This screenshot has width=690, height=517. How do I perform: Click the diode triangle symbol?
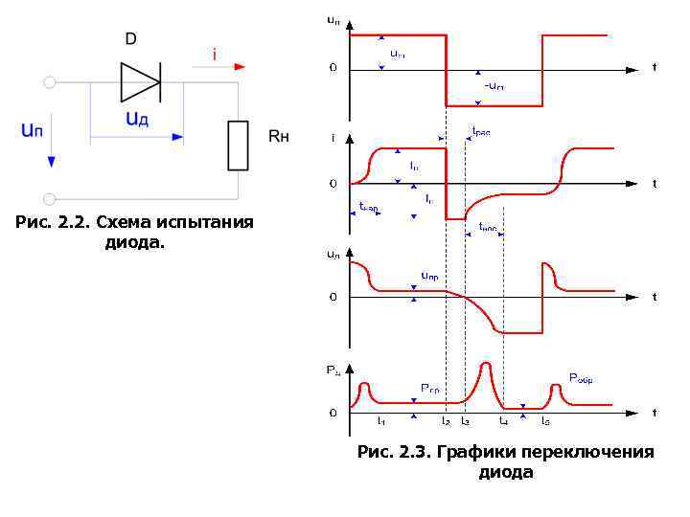tap(139, 81)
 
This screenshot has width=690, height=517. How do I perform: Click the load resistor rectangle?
tap(237, 145)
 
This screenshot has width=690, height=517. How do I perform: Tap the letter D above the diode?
tap(131, 38)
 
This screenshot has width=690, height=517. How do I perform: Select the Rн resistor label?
tap(278, 137)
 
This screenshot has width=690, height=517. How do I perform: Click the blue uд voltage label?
tap(136, 119)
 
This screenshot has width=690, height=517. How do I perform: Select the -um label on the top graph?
tap(494, 86)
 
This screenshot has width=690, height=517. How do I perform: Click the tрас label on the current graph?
tap(480, 132)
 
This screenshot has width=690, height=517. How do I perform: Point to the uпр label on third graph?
tap(429, 276)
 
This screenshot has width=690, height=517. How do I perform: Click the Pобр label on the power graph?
tap(581, 379)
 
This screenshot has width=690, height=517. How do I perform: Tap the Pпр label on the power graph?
tap(430, 388)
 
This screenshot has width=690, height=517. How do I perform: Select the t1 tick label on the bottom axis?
tap(381, 420)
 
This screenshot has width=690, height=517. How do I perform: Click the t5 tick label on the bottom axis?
tap(545, 420)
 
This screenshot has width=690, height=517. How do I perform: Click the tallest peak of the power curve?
tap(487, 365)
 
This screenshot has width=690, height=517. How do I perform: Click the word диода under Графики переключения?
tap(505, 473)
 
